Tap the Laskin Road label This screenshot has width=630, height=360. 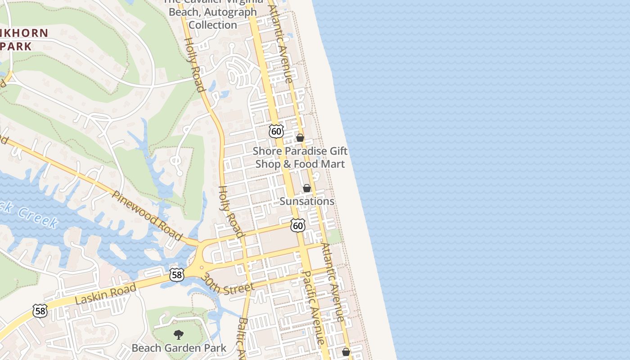click(x=106, y=294)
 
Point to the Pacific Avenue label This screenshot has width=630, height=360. click(x=314, y=307)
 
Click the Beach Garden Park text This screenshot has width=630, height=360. click(x=179, y=348)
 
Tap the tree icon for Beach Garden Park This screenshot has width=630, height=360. click(x=179, y=335)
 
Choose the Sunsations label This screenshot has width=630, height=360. click(x=307, y=201)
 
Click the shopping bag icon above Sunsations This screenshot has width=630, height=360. click(x=307, y=188)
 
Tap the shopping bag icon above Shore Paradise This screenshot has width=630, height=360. click(x=300, y=138)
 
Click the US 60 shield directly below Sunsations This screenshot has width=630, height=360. click(x=298, y=225)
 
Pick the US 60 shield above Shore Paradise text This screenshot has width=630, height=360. click(x=276, y=131)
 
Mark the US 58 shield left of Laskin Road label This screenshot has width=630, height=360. click(x=40, y=310)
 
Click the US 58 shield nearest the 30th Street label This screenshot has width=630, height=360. click(x=177, y=274)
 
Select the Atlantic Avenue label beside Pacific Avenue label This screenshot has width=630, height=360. click(x=333, y=282)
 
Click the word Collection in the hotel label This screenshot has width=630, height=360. click(x=213, y=25)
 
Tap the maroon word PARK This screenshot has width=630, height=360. click(x=16, y=46)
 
